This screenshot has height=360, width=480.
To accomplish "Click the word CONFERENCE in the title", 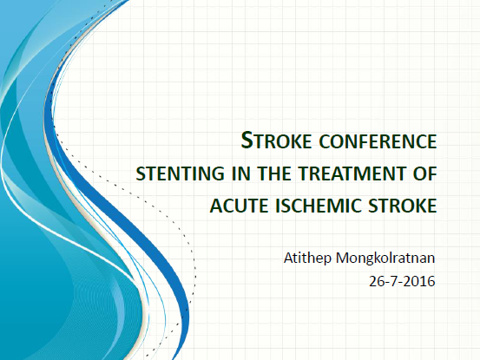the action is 378,141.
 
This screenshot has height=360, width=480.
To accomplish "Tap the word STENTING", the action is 180,173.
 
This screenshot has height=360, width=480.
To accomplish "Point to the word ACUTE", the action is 240,206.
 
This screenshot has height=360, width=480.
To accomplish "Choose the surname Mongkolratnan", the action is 385,258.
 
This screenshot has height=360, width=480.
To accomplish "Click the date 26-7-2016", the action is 402,281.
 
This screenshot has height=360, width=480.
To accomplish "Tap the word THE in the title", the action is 274,173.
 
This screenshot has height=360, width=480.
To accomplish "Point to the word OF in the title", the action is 425,173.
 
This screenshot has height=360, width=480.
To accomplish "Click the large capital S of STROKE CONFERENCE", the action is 247,140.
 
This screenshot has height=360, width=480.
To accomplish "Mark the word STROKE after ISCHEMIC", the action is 403,206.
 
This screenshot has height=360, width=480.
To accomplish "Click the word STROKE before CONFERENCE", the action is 276,141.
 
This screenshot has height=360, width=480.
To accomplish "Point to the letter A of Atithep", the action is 289,259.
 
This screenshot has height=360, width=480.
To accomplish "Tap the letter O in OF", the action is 420,173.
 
